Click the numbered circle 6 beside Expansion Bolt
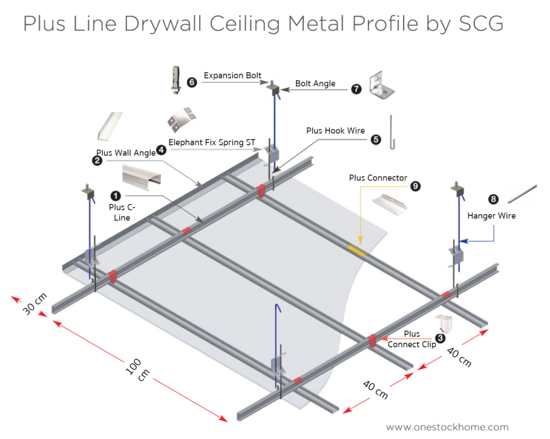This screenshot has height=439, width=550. [192, 82]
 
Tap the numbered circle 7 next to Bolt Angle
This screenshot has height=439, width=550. [356, 89]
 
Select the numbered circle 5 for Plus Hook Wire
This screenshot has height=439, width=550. [376, 139]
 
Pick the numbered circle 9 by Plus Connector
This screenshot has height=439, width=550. [415, 186]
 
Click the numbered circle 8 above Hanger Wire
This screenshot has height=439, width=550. [494, 198]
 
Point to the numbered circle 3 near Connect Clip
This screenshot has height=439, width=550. [440, 340]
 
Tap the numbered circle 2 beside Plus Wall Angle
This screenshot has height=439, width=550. [96, 160]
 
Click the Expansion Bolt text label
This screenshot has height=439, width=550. [232, 76]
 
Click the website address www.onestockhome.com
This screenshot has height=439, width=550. [447, 426]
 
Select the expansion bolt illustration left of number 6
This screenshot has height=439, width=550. [175, 81]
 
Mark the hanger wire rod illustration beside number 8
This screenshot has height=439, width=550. [522, 193]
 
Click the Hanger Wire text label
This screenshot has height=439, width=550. [491, 215]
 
